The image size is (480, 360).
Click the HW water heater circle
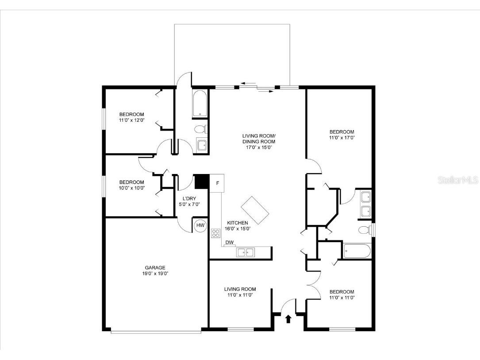click(x=200, y=225)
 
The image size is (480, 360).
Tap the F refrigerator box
click(x=217, y=183)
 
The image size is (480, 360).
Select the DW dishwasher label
click(x=229, y=243)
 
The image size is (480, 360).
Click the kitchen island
click(x=256, y=210)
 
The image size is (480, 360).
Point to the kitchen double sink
click(x=246, y=252)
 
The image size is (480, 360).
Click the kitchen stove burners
click(x=216, y=233)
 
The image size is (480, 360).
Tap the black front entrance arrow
click(x=288, y=318)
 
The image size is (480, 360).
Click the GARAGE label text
click(x=155, y=267)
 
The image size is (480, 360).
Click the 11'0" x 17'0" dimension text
click(x=342, y=138)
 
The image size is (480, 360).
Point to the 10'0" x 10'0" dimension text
click(x=131, y=188)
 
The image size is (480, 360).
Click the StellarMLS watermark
click(x=458, y=180)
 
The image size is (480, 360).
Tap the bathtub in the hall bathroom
click(x=200, y=105)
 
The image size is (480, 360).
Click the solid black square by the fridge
click(x=202, y=182)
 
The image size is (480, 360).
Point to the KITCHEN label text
click(x=237, y=223)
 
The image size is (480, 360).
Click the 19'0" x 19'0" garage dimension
click(x=155, y=274)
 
